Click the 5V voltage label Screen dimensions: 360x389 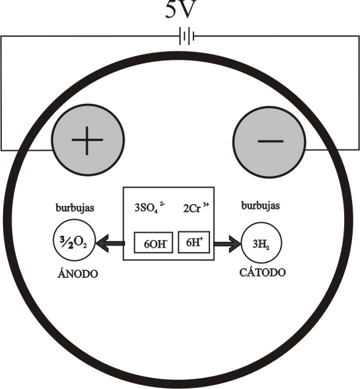pos(181,9)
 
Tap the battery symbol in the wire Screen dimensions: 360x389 pos(187,36)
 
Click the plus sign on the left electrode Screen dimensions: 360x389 pos(87,140)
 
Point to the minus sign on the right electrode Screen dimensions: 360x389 pos(270,141)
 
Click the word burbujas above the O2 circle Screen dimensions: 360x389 pos(75,208)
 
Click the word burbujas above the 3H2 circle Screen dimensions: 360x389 pos(261,206)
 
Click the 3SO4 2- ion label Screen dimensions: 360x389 pos(149,208)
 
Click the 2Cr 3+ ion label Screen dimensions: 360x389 pos(196,208)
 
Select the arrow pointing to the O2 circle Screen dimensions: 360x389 pos(110,243)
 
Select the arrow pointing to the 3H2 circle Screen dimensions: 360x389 pos(228,244)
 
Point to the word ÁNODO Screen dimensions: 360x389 pos(77,273)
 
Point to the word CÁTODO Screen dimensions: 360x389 pos(262,272)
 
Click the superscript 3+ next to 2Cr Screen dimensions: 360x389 pos(206,205)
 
